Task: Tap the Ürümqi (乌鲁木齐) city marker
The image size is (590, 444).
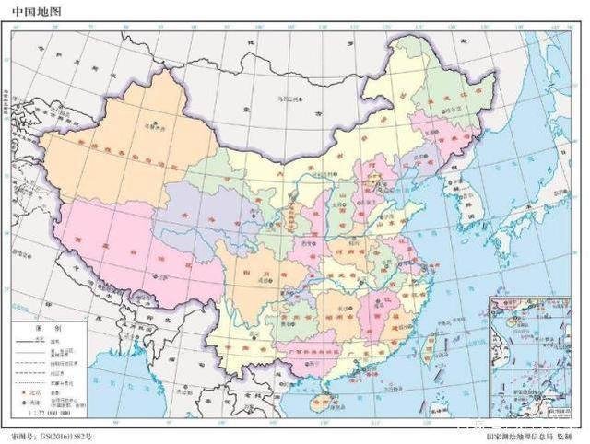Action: [x=156, y=123]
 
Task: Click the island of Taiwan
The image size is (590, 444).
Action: [x=430, y=346]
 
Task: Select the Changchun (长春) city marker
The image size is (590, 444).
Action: [x=441, y=134]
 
